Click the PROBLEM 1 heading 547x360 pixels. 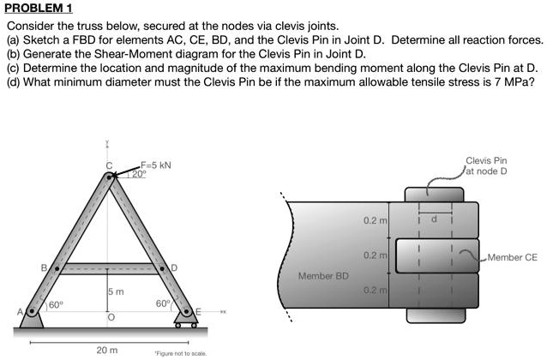[x=39, y=8]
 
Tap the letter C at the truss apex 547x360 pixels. [x=108, y=165]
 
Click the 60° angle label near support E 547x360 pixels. [x=162, y=304]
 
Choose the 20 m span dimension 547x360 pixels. [x=107, y=350]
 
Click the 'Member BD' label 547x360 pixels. [x=323, y=276]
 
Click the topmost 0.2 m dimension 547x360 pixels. [x=375, y=221]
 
